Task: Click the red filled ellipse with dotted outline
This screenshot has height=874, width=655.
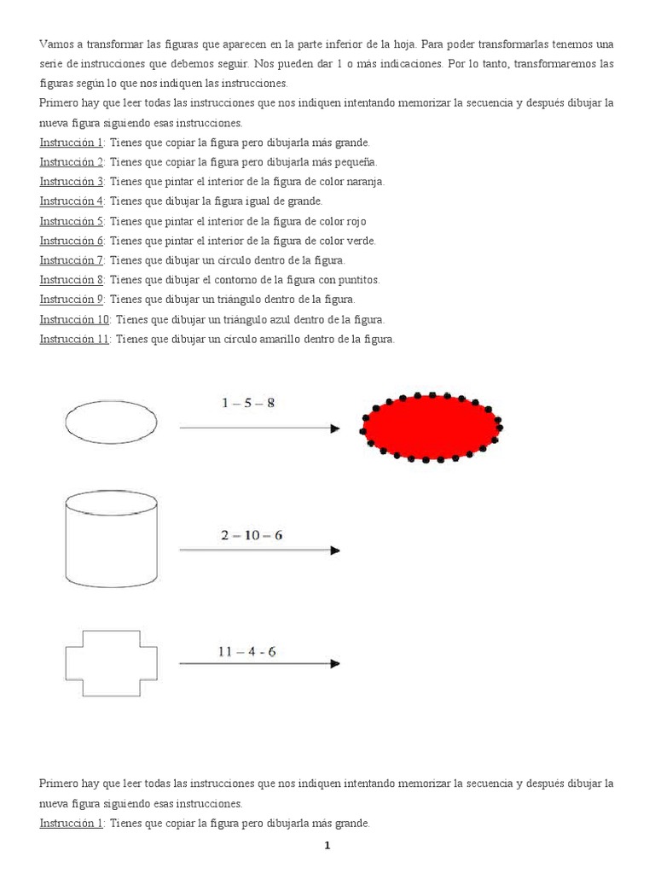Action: tap(432, 427)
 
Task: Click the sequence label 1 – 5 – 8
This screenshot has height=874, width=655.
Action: tap(248, 403)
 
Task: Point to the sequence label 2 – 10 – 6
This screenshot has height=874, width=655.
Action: tap(252, 535)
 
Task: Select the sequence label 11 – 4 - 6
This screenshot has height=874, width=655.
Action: tap(246, 651)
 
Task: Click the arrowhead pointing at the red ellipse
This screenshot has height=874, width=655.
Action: tap(335, 428)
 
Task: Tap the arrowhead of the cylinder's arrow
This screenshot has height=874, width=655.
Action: tap(335, 551)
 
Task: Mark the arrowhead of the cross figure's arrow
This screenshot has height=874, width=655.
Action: tap(335, 663)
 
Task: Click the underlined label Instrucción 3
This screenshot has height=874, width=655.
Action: tap(72, 182)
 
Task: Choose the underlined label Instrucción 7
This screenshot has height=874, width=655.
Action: tap(72, 260)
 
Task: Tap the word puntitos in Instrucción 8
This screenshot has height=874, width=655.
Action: tap(358, 280)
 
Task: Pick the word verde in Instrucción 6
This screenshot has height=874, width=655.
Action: tap(359, 241)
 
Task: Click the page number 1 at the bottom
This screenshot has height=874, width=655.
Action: tap(326, 846)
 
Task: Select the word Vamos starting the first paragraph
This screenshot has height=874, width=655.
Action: tap(55, 44)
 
